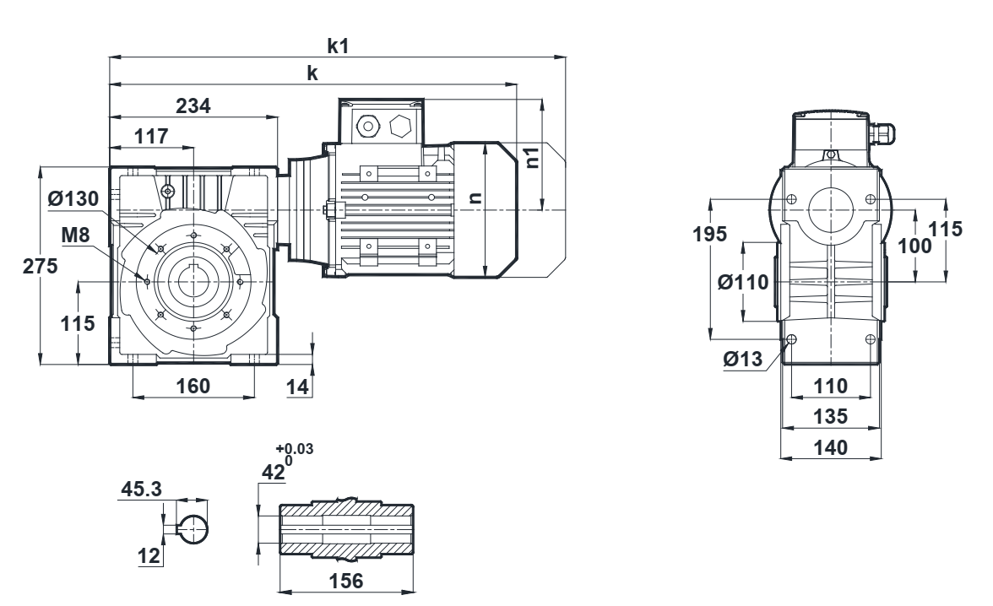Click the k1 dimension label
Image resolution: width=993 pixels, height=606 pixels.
338,46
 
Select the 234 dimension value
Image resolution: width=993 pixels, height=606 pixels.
193,106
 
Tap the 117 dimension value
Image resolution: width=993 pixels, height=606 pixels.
151,136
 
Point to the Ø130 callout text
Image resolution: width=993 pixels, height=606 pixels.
73,199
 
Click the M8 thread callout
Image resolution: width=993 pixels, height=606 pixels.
75,235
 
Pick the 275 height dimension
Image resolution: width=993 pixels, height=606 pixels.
40,266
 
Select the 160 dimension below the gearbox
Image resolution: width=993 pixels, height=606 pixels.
193,386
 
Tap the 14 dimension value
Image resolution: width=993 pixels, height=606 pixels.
297,387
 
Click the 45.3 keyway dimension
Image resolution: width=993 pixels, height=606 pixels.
141,489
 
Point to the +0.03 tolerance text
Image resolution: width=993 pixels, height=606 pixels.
295,449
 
